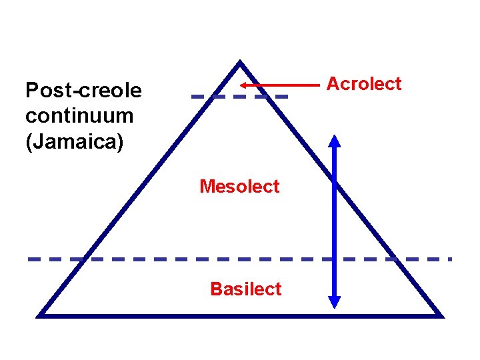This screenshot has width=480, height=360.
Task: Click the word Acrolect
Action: tap(363, 84)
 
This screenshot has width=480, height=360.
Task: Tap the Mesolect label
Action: tap(239, 187)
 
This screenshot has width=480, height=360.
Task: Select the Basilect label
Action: tap(245, 289)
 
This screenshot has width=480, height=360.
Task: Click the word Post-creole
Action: tap(83, 90)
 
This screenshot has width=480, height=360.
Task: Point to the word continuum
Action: tap(79, 116)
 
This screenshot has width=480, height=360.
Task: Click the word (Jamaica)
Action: tap(74, 142)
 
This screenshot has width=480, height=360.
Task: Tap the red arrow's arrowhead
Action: tap(244, 85)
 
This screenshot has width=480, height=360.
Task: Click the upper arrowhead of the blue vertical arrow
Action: tap(335, 140)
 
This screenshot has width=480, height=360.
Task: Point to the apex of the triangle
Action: tap(240, 63)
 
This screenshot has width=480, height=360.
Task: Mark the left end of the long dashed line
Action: tap(29, 259)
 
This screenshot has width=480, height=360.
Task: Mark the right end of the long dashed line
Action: tap(451, 259)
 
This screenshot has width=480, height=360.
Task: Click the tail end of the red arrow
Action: tap(319, 85)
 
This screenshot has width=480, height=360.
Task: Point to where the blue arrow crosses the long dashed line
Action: tap(335, 259)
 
